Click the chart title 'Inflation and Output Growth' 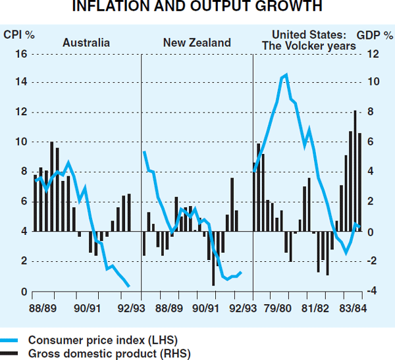[197, 7]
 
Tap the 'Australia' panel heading [86, 43]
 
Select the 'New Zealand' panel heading [197, 43]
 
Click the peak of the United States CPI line [285, 75]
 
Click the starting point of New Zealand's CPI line [144, 152]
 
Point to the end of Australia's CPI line [128, 286]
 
